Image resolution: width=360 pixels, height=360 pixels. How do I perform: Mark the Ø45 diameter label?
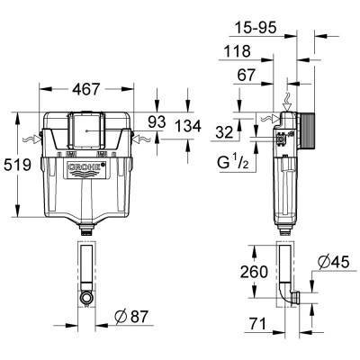(x=330, y=264)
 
